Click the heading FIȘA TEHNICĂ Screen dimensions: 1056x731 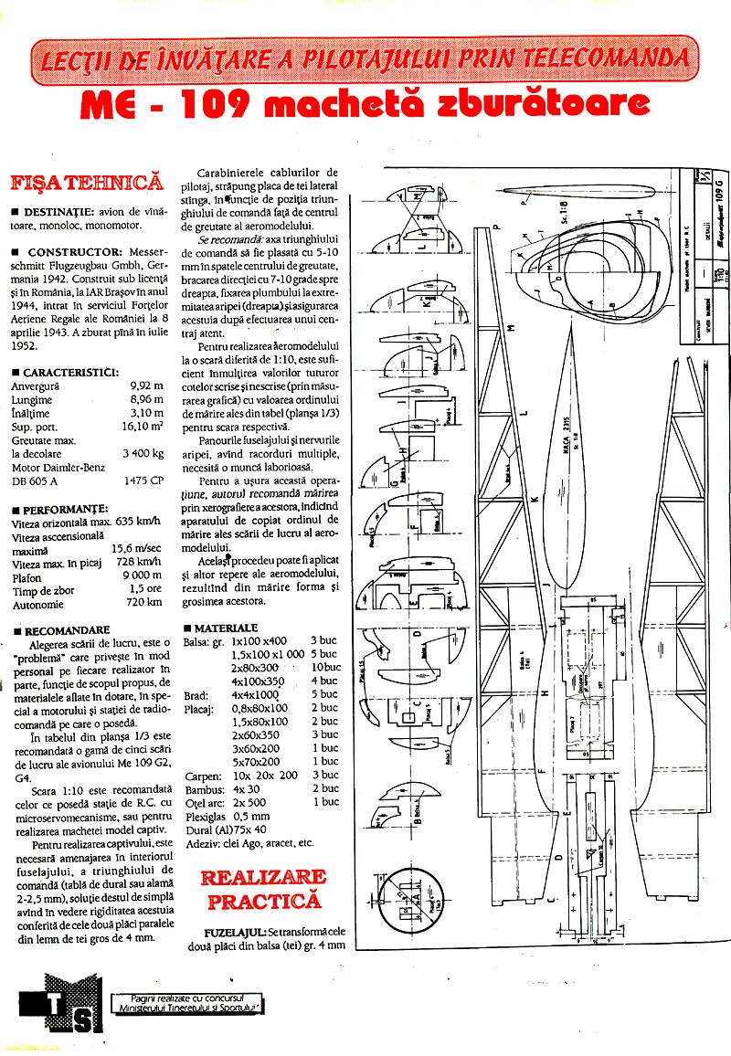coord(87,182)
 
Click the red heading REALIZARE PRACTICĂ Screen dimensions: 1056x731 coord(263,889)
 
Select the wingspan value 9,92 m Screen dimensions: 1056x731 coord(147,385)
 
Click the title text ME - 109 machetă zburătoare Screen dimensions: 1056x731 coord(365,104)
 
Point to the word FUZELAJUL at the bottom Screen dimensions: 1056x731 coord(236,933)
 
